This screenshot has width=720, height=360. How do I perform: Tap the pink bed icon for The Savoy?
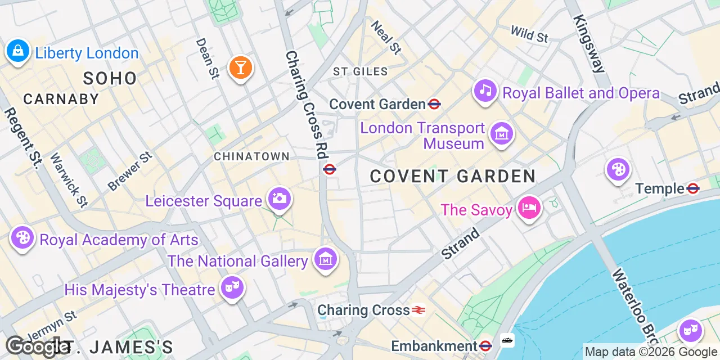tap(529, 209)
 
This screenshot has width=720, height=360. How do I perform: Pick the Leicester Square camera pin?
tap(279, 199)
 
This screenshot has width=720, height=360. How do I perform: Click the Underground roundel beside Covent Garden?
tap(434, 104)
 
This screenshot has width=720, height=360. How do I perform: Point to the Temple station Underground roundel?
tap(693, 188)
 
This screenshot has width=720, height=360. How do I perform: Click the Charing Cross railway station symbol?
tap(418, 310)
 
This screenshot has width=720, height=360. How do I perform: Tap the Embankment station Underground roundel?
tap(486, 345)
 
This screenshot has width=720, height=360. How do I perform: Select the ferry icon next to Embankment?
tap(507, 341)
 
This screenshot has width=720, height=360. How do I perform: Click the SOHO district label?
tap(110, 78)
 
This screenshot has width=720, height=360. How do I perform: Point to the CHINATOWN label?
tap(251, 156)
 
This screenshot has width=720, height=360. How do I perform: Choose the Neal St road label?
tap(386, 38)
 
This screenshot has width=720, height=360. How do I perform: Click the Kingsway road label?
tap(588, 43)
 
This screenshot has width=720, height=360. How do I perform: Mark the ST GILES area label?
tap(360, 71)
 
